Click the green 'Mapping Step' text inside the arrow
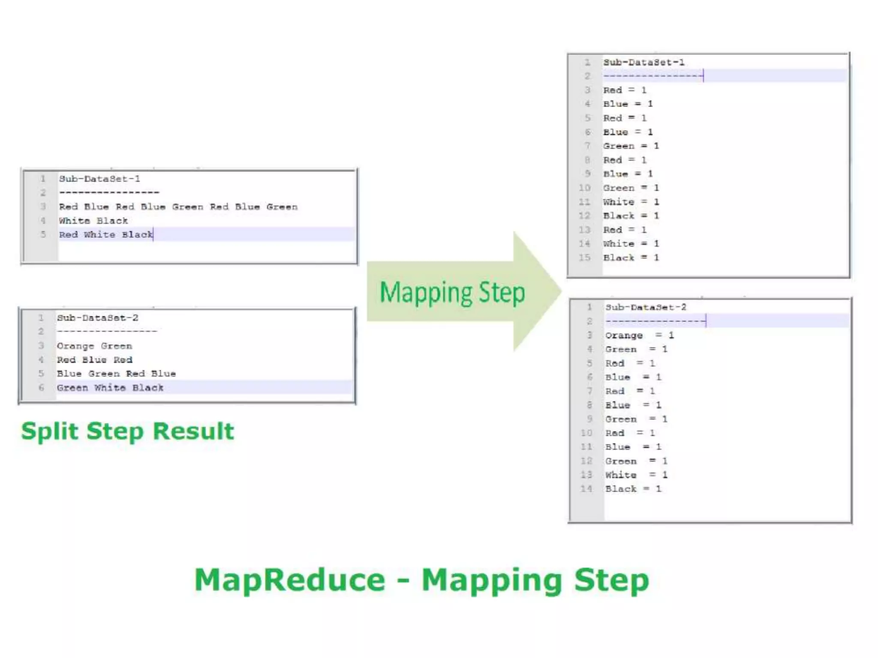pos(452,293)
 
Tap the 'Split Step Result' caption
pos(127,431)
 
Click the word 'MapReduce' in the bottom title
pos(290,580)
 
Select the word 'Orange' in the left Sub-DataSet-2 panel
pos(75,346)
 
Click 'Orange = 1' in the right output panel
pos(639,335)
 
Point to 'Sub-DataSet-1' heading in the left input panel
pos(99,179)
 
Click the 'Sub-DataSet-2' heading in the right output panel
pos(646,307)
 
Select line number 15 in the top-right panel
pos(585,257)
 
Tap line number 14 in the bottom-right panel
pos(586,489)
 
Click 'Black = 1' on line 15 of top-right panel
pos(631,257)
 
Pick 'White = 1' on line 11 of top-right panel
pos(631,202)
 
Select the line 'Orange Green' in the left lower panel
pos(94,346)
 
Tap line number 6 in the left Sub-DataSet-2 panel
pos(41,388)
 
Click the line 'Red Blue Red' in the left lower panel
pos(94,360)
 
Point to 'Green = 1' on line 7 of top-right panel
pos(631,146)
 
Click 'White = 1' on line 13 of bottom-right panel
pos(636,475)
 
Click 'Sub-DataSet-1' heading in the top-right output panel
pos(644,63)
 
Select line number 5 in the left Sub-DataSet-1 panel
pos(43,234)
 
